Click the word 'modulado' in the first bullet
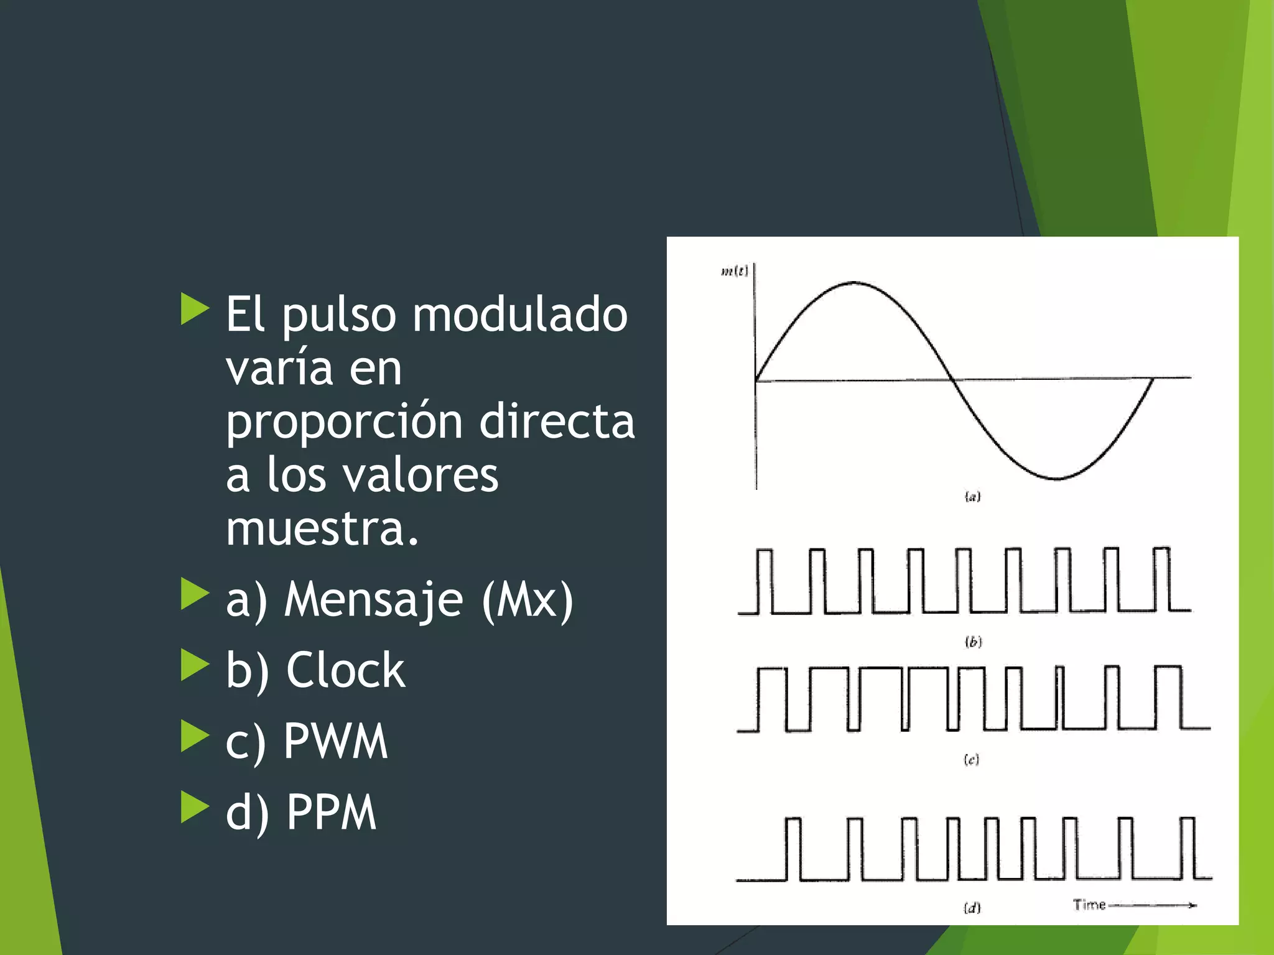click(x=520, y=315)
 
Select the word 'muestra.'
click(x=322, y=528)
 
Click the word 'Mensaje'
click(x=374, y=599)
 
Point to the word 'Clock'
click(x=345, y=670)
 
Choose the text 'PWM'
click(x=335, y=741)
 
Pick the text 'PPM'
click(x=331, y=812)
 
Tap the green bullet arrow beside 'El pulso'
click(x=194, y=309)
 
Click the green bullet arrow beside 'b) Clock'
click(x=194, y=665)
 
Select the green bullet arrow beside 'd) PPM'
click(x=194, y=806)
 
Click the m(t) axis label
click(x=734, y=271)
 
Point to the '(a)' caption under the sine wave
click(x=972, y=496)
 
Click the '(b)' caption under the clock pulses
click(x=973, y=642)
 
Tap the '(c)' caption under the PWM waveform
click(x=971, y=759)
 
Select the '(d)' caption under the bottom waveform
click(x=972, y=908)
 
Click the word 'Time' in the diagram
click(x=1089, y=905)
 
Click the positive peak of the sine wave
click(x=853, y=283)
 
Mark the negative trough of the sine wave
click(x=1056, y=478)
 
